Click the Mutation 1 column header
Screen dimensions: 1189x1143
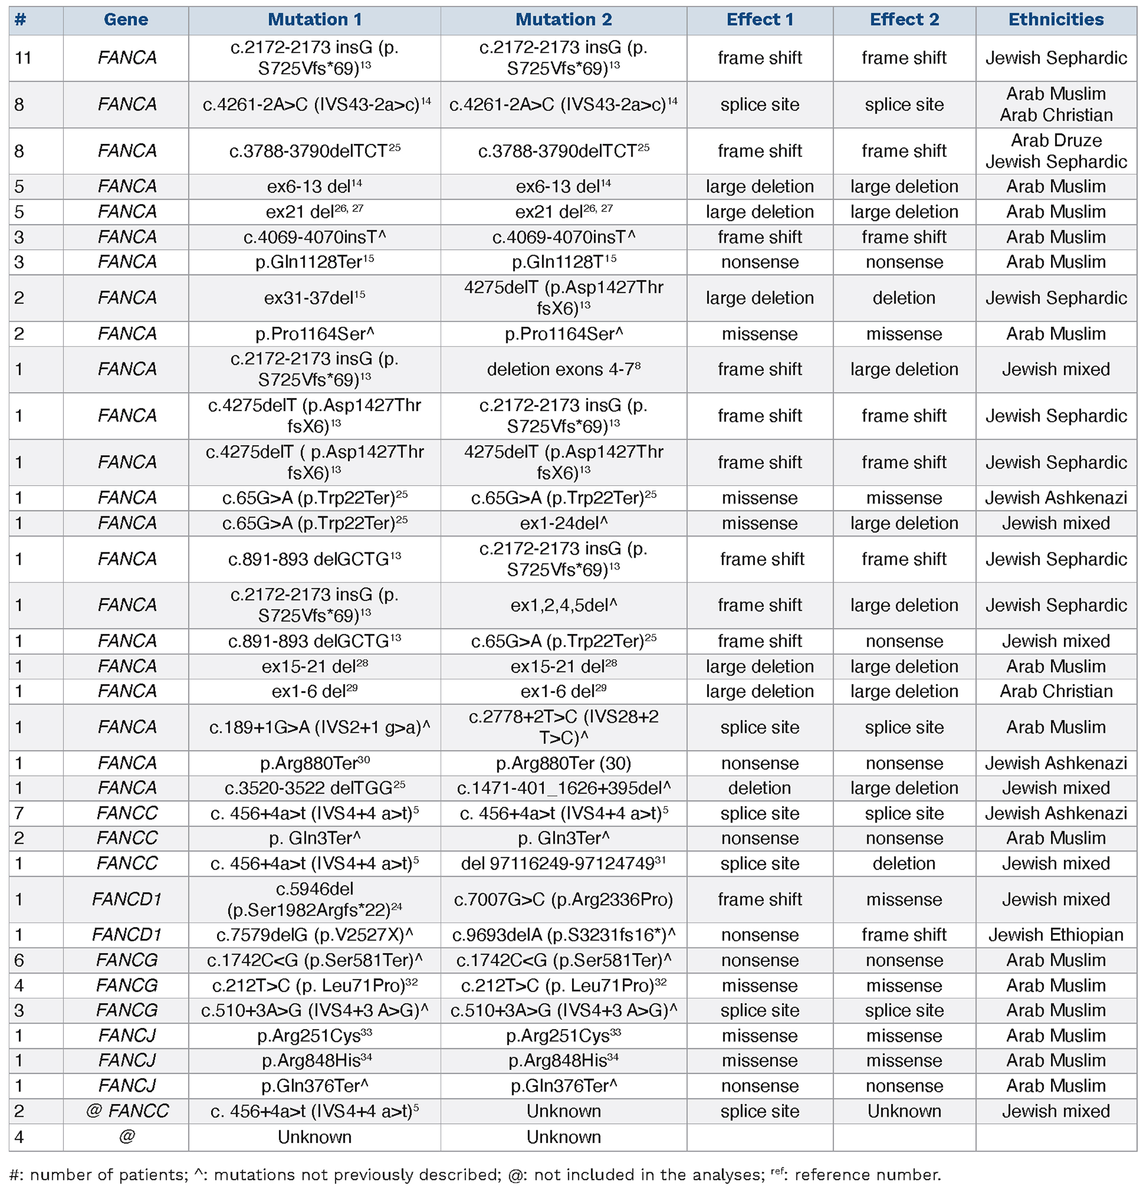coord(314,20)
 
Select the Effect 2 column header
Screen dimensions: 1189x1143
coord(904,20)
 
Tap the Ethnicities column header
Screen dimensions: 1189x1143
coord(1055,20)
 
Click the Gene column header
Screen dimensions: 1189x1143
coord(126,20)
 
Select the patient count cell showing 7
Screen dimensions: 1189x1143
coord(19,813)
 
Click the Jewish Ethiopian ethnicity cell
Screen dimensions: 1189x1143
coord(1055,935)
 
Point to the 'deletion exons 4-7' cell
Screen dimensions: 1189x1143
coord(563,369)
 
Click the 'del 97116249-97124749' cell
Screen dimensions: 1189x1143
coord(563,863)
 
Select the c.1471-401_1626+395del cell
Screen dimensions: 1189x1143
coord(563,788)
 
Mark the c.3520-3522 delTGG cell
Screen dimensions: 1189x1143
coord(314,788)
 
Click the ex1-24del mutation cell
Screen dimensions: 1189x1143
coord(563,523)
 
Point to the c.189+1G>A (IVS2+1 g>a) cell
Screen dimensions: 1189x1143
coord(314,727)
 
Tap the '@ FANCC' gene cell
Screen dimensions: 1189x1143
coord(127,1111)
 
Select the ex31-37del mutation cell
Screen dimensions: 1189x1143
coord(314,298)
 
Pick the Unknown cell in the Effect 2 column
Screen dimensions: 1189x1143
coord(904,1111)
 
